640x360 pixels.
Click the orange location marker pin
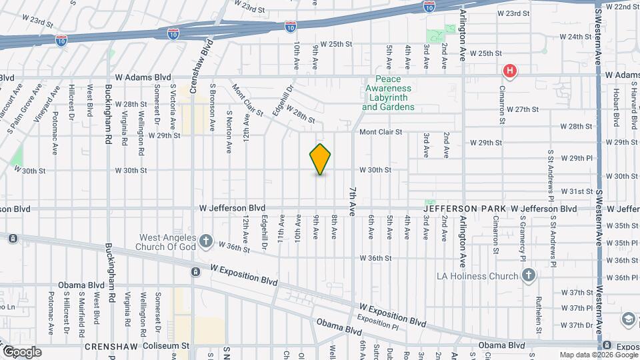pyautogui.click(x=321, y=159)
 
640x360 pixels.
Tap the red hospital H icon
pyautogui.click(x=510, y=70)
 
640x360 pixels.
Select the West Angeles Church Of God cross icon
pyautogui.click(x=206, y=241)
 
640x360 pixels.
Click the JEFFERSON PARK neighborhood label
pyautogui.click(x=465, y=209)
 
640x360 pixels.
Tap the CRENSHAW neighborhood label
pyautogui.click(x=110, y=347)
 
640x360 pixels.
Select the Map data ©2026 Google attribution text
pyautogui.click(x=598, y=355)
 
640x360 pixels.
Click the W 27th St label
pyautogui.click(x=522, y=109)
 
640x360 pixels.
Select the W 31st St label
pyautogui.click(x=576, y=191)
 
